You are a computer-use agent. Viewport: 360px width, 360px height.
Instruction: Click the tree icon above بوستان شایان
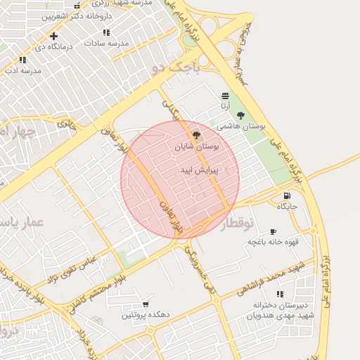pos(196,135)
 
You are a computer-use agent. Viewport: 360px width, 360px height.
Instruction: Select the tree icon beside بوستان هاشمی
pos(240,115)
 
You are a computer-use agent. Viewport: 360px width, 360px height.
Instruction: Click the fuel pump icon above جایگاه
pos(286,195)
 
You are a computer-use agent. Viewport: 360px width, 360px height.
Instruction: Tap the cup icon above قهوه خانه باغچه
pos(273,231)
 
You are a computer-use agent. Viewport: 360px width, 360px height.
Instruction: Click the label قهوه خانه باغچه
pos(273,243)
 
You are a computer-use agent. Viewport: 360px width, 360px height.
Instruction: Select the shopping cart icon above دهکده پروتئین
pos(146,304)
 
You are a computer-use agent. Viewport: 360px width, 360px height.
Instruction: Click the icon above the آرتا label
pos(225,96)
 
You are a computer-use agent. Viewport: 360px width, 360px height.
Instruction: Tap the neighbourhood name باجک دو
pos(176,68)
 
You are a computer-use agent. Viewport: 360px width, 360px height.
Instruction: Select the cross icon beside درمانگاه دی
pos(53,35)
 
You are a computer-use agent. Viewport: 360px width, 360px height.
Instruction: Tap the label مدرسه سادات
pos(107,43)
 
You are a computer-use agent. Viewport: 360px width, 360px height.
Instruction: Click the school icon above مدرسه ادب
pos(23,60)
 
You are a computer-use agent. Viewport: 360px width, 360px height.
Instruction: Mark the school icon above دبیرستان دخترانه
pos(281,294)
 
